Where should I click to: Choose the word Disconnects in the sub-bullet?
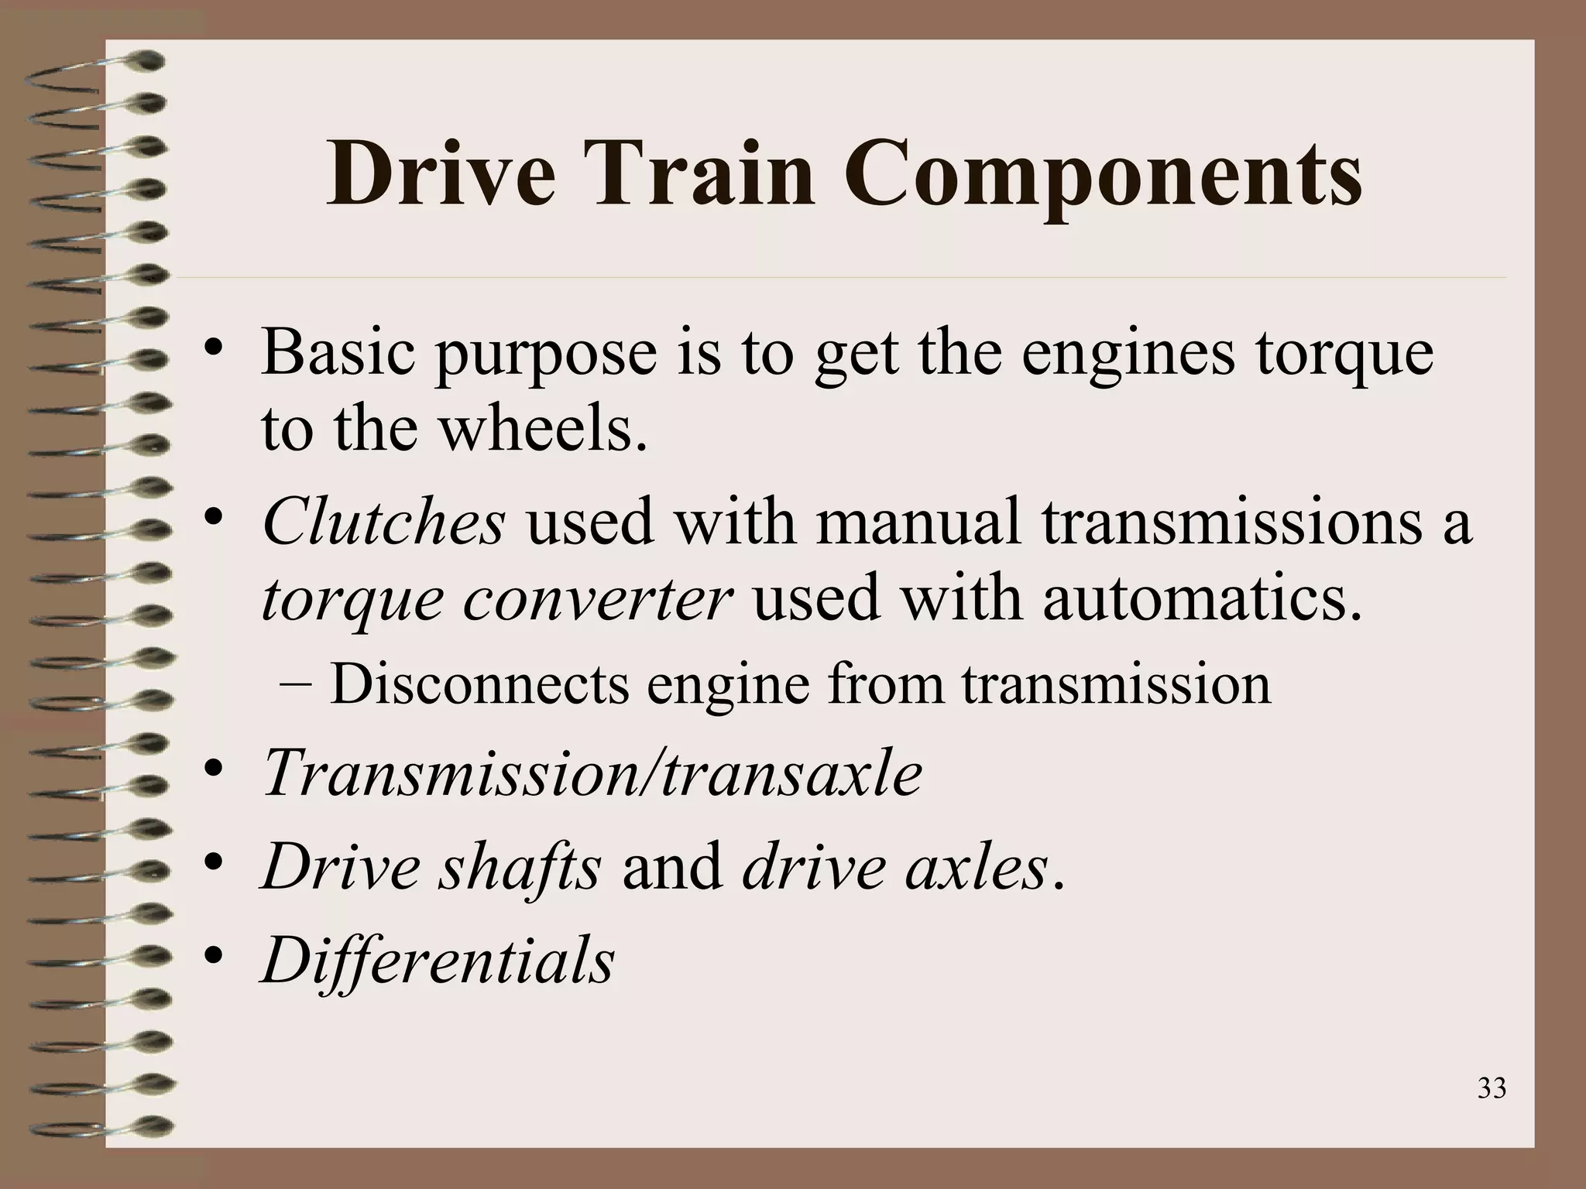[479, 684]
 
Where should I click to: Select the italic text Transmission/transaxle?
[592, 774]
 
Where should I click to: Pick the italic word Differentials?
[438, 960]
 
